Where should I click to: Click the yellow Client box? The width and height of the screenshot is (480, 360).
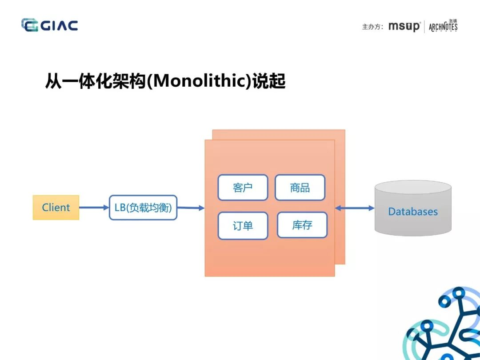click(x=56, y=208)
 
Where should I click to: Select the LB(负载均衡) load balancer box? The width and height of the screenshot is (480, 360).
click(x=143, y=208)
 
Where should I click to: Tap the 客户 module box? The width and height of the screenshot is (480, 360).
click(x=243, y=188)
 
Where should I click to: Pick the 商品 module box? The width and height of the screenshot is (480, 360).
click(x=300, y=188)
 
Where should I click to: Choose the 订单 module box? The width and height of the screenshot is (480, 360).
click(x=243, y=226)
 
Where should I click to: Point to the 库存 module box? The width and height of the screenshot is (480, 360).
click(x=302, y=225)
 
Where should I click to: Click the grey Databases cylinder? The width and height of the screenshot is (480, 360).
click(x=413, y=208)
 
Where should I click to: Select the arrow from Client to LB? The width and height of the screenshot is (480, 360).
click(x=94, y=208)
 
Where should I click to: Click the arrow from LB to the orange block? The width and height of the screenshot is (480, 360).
click(x=191, y=208)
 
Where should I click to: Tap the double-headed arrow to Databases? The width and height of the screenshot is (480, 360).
click(x=355, y=208)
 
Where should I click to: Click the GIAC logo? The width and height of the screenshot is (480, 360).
click(x=50, y=25)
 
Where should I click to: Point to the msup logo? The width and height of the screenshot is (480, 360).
click(x=404, y=26)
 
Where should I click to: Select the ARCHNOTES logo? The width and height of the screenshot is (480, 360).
click(x=443, y=26)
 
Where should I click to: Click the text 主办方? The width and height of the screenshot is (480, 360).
click(x=371, y=27)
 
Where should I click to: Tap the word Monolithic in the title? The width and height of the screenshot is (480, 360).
click(x=200, y=81)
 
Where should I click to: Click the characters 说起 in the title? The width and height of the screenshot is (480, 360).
click(x=269, y=81)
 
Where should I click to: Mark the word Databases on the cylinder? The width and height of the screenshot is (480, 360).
click(x=413, y=212)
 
